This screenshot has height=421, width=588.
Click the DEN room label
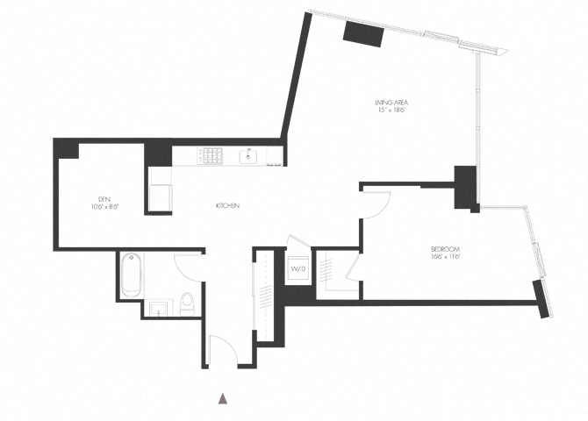point(104,197)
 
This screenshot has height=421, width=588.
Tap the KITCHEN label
point(228,205)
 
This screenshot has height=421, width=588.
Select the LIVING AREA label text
point(393,103)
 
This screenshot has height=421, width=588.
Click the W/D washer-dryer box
point(298,268)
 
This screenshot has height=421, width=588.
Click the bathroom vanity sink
point(157,309)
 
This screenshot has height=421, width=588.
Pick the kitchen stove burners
point(212,157)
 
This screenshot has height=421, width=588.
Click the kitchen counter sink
point(248,157)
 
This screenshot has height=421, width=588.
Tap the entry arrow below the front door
point(223,399)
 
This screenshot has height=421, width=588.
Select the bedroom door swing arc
point(375,203)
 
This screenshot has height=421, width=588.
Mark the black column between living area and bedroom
point(464,188)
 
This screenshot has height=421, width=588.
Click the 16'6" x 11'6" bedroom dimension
point(446,257)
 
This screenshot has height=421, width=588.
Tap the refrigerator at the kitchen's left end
point(160,189)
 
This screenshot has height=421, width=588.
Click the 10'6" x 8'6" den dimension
point(104,207)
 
